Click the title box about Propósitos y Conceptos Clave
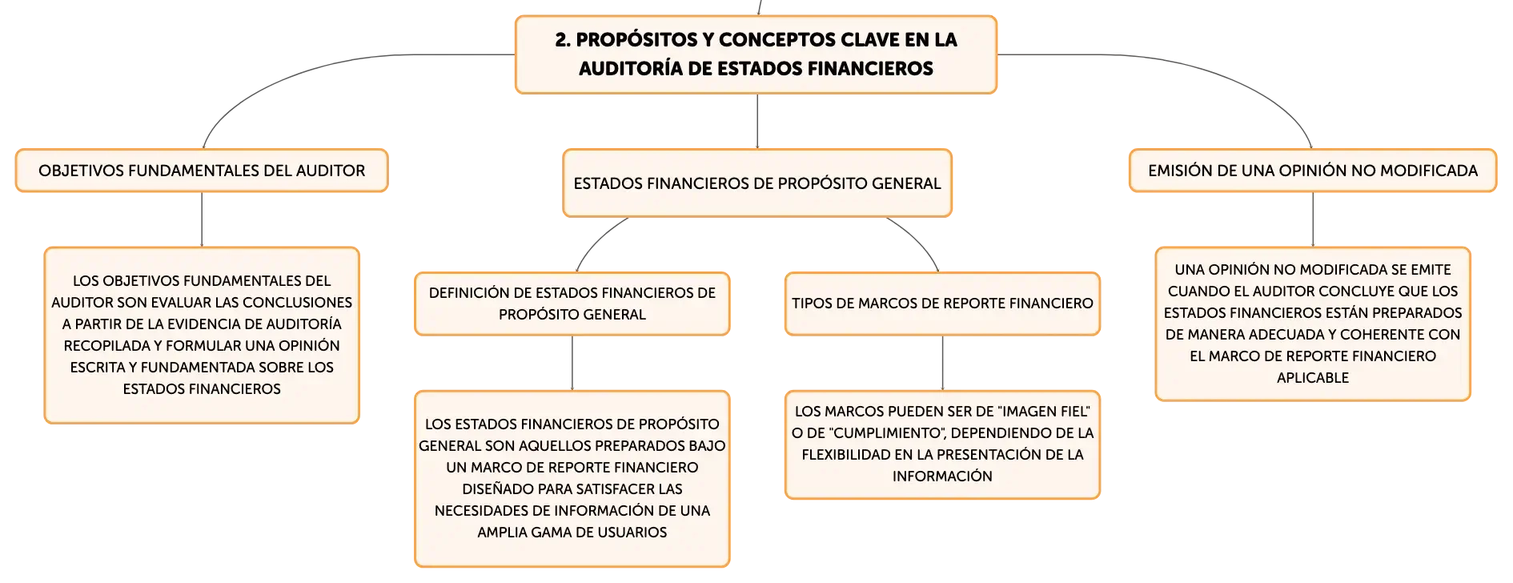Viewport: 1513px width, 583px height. (x=756, y=54)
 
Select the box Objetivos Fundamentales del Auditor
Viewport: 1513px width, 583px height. (x=202, y=171)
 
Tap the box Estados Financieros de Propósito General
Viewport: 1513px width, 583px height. (x=757, y=183)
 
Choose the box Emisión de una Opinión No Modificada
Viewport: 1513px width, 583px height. (x=1313, y=171)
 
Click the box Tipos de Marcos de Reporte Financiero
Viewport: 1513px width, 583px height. (x=942, y=304)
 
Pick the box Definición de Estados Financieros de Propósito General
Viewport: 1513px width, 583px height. (x=572, y=304)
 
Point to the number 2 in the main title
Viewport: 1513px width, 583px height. (x=563, y=40)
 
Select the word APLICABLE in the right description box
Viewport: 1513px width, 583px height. (x=1313, y=378)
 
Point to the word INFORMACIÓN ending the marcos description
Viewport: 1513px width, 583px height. (x=942, y=476)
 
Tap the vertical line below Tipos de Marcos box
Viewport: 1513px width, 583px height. (x=942, y=363)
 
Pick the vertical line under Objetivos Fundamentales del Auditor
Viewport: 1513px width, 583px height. (x=202, y=219)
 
